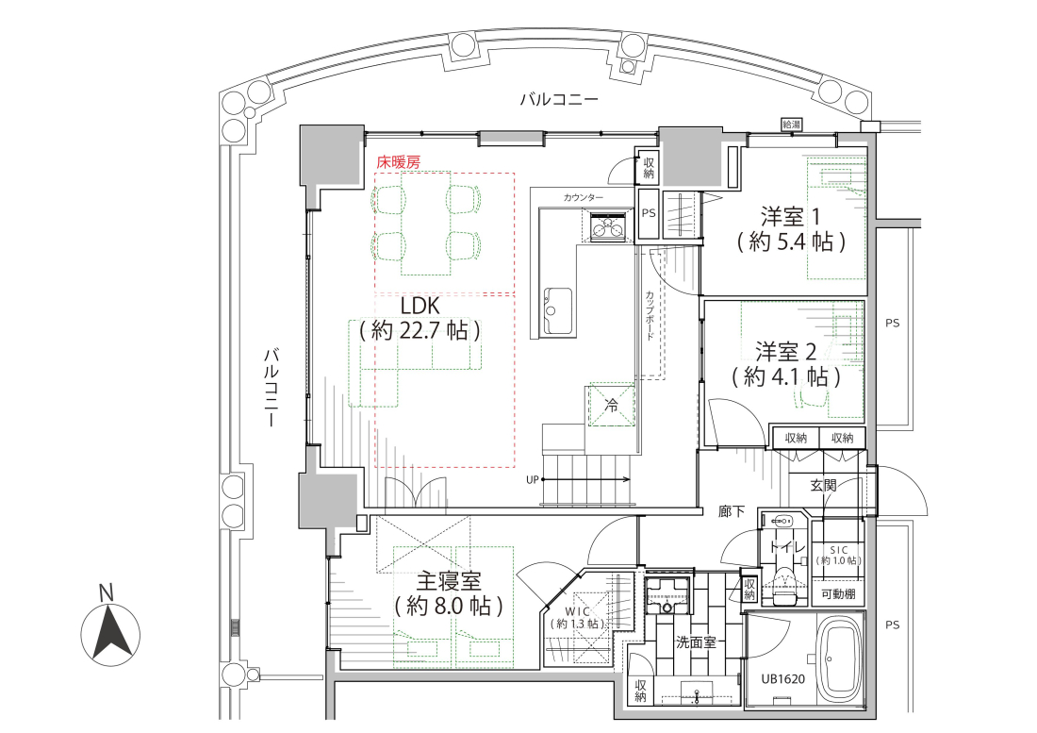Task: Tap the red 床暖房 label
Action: tap(398, 161)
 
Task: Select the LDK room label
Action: tap(420, 306)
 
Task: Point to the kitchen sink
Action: tap(557, 311)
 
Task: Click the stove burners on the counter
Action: tap(608, 227)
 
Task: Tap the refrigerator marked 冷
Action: tap(610, 406)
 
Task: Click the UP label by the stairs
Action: tap(533, 480)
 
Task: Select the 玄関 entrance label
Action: tap(823, 485)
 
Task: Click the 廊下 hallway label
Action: tap(732, 511)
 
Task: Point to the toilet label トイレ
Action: tap(786, 548)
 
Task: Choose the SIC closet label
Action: tap(839, 550)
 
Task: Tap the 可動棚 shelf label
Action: tap(838, 594)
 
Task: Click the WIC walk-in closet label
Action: tap(577, 612)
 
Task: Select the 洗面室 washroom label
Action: tap(695, 641)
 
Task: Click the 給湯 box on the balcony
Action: tap(792, 125)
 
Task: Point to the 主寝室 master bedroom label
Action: tap(449, 581)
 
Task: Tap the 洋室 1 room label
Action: tap(790, 216)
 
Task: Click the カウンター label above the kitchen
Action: tap(584, 197)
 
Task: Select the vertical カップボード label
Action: tap(650, 315)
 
